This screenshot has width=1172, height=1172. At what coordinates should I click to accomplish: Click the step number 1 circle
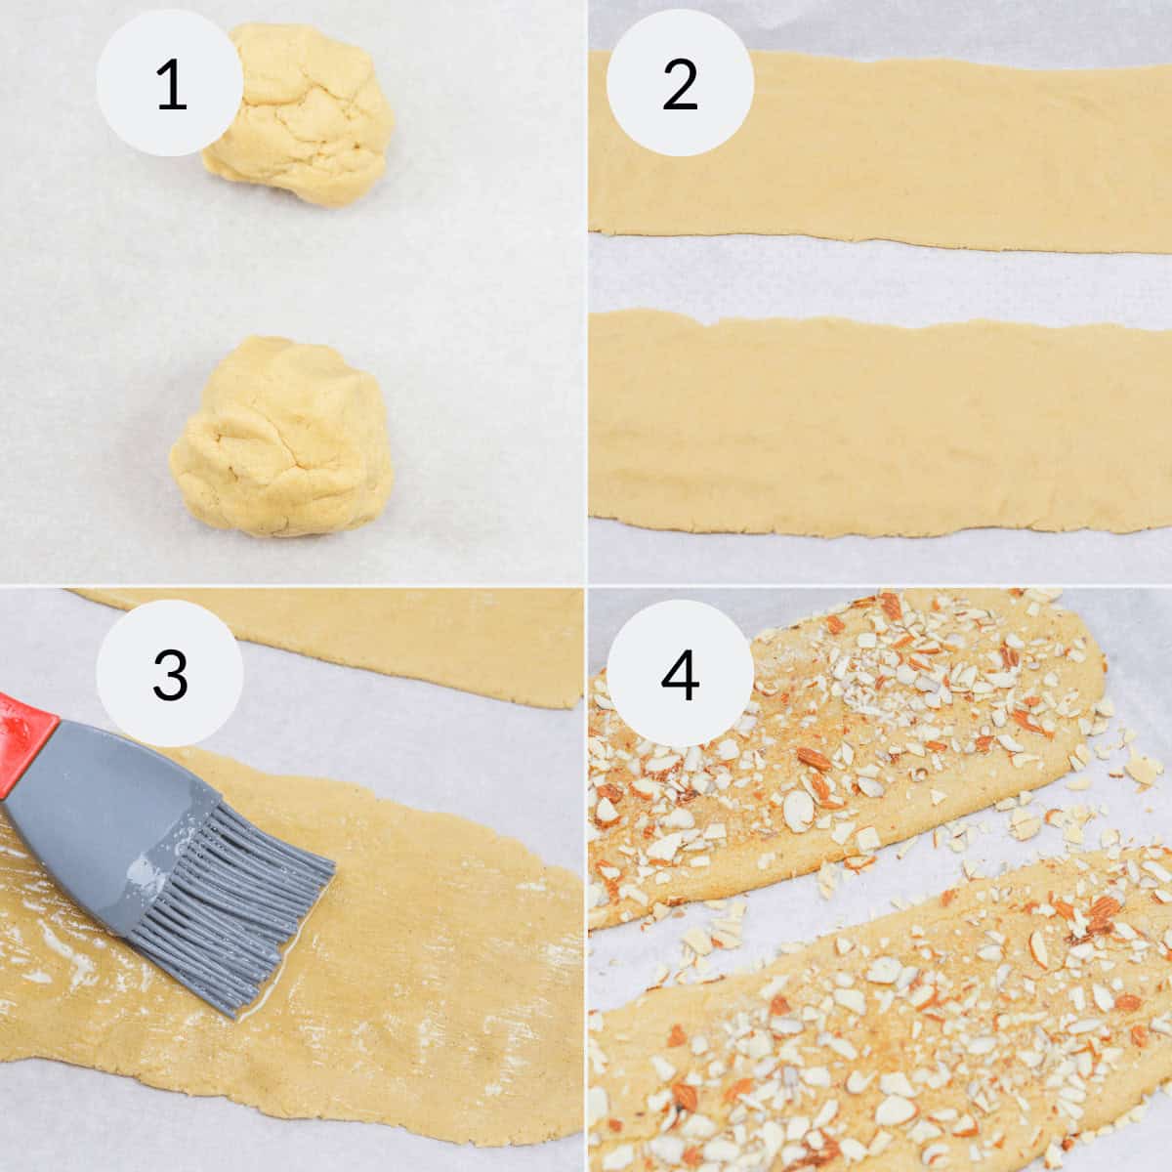tap(169, 83)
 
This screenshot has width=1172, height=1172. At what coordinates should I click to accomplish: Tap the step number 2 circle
tap(680, 83)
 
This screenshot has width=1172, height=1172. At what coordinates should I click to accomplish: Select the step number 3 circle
tap(169, 673)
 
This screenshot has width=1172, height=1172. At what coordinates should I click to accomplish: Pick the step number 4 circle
tap(680, 673)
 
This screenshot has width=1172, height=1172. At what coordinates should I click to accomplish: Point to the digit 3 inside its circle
tap(169, 673)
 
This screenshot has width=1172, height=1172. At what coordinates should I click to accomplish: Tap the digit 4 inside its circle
tap(680, 673)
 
